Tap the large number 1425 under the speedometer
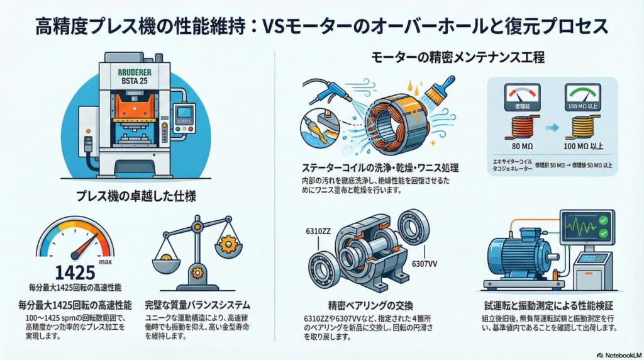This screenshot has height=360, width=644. tap(75, 272)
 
